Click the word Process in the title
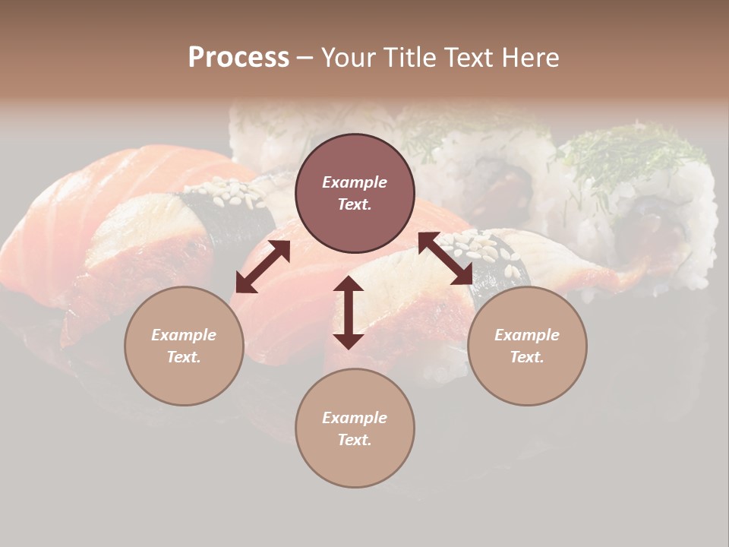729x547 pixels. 238,58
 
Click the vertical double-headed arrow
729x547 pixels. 349,312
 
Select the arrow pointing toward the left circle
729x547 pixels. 263,267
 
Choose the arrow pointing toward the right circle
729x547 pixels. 445,258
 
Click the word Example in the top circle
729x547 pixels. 355,182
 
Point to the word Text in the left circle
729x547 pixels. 184,357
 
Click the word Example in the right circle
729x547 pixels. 527,335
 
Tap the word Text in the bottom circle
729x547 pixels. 355,440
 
